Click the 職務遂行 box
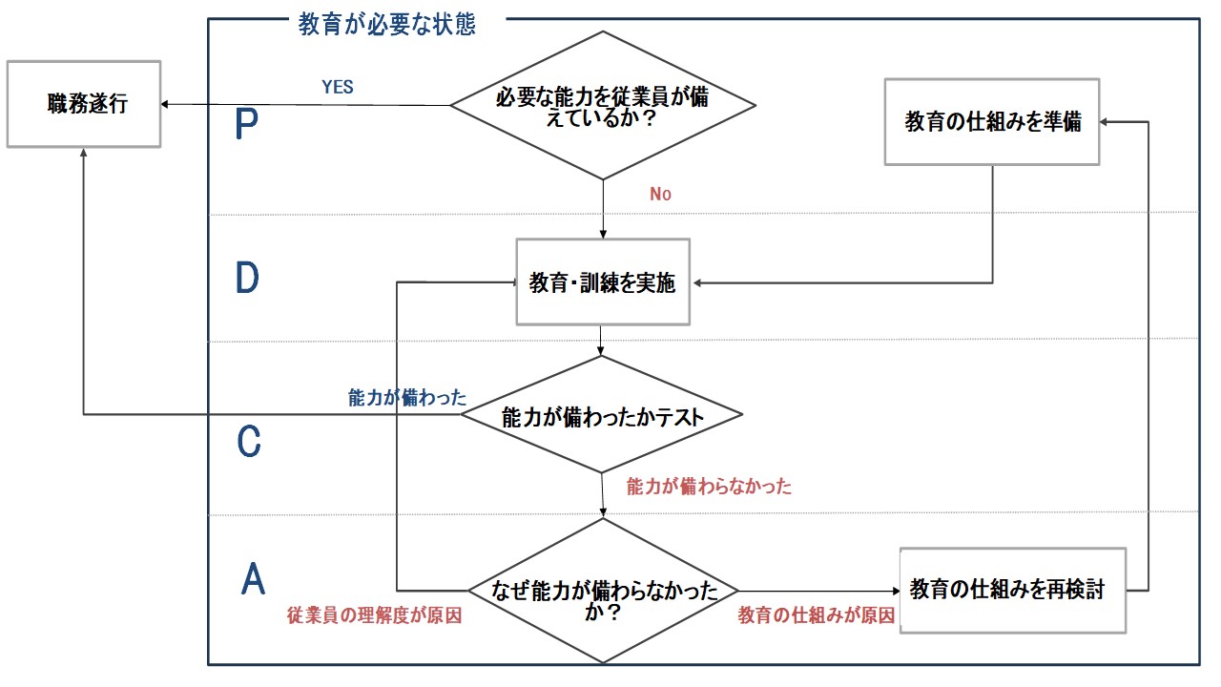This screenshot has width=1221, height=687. (x=84, y=104)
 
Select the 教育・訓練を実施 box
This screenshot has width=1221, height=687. (x=602, y=282)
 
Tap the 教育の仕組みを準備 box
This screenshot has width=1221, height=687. (x=992, y=122)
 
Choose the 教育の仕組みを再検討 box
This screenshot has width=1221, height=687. (x=1012, y=590)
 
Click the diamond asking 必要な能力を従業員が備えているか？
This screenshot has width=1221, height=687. (x=603, y=105)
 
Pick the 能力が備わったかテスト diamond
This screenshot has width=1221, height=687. (x=602, y=415)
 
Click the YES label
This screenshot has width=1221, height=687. (x=338, y=87)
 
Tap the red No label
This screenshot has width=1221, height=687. (x=661, y=194)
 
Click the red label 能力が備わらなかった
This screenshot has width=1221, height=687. (x=709, y=487)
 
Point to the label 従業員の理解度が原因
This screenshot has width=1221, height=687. (x=374, y=615)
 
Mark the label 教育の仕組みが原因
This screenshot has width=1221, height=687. (x=817, y=615)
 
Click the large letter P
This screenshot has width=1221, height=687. (x=246, y=125)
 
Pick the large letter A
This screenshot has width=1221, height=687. (x=252, y=578)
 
